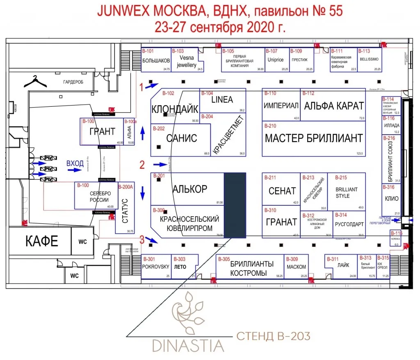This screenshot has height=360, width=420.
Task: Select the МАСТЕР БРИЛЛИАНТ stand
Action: click(x=314, y=138)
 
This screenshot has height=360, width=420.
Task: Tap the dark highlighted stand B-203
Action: click(x=235, y=205)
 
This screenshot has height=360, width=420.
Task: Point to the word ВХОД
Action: click(x=75, y=164)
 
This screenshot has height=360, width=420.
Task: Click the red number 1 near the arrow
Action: click(x=142, y=87)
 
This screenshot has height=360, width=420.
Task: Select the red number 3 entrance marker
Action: click(x=142, y=238)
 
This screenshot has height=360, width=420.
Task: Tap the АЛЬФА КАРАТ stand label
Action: click(x=334, y=106)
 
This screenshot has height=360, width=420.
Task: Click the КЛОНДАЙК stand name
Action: click(x=175, y=110)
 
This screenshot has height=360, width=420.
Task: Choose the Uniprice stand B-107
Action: click(x=276, y=60)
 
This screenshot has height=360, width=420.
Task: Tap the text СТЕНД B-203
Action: click(x=273, y=337)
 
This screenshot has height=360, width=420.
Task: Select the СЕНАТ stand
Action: click(x=282, y=191)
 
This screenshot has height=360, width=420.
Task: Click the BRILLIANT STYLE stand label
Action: click(x=347, y=193)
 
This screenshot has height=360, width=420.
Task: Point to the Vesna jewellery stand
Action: click(x=187, y=62)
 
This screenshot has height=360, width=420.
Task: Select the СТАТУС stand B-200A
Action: click(x=126, y=211)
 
